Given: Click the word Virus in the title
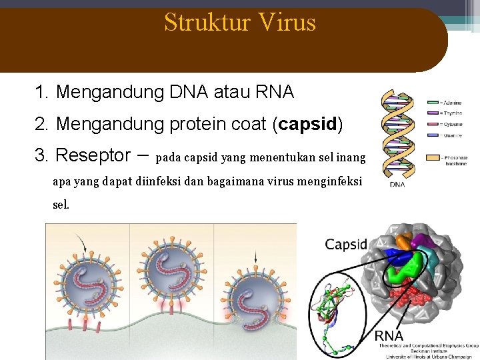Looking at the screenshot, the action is tap(287, 23).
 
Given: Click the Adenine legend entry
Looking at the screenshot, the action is tap(445, 102).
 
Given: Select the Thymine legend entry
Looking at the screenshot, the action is tap(445, 113).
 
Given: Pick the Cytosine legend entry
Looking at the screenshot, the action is tap(445, 124).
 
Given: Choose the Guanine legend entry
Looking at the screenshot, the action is tap(445, 135).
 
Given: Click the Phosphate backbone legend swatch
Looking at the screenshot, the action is tap(433, 158).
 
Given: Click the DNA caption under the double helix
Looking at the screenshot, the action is tap(397, 185).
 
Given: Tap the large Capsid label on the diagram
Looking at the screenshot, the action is tap(346, 244).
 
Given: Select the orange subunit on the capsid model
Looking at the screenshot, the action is tap(401, 241).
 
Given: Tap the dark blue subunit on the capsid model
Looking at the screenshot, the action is tap(398, 257).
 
